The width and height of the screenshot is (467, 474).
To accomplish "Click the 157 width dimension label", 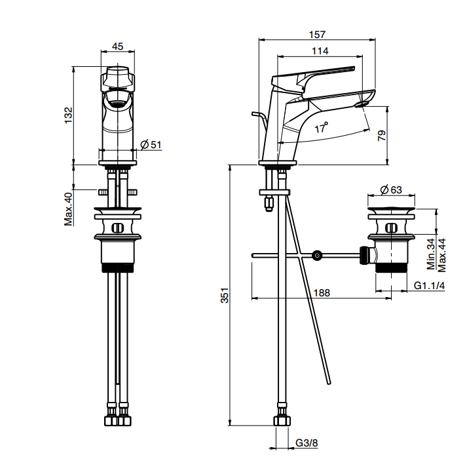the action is [x=317, y=35].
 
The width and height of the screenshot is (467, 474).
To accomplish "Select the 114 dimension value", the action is [x=320, y=50].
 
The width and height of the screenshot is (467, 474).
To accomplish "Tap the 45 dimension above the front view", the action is [x=117, y=47].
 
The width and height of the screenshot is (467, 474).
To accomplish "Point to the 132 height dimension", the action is [x=69, y=115].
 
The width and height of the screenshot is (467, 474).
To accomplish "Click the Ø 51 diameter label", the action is [x=151, y=145].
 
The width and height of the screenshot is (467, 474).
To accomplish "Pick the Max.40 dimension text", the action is [x=68, y=209].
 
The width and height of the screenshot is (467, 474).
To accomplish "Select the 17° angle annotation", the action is [x=322, y=128].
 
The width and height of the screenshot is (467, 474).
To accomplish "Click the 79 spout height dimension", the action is [x=382, y=136].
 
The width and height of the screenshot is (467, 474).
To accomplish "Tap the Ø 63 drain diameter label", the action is [x=391, y=190].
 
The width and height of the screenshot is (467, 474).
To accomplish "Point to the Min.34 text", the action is [x=431, y=254].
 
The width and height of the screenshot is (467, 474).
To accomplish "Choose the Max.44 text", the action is [x=441, y=256].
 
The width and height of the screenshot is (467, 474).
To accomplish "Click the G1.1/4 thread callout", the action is [x=429, y=285].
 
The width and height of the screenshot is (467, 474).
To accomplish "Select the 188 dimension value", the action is [x=322, y=292].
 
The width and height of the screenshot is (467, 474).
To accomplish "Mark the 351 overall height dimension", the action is [x=225, y=295].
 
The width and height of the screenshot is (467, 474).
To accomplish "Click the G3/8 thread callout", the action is [x=307, y=443].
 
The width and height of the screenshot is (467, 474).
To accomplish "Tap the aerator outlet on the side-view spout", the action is [x=362, y=105].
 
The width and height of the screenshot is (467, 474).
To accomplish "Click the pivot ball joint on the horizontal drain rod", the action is [x=317, y=256].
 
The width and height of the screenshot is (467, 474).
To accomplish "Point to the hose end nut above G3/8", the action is [x=282, y=420].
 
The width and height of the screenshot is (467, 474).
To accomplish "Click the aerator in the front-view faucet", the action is [x=117, y=104].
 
